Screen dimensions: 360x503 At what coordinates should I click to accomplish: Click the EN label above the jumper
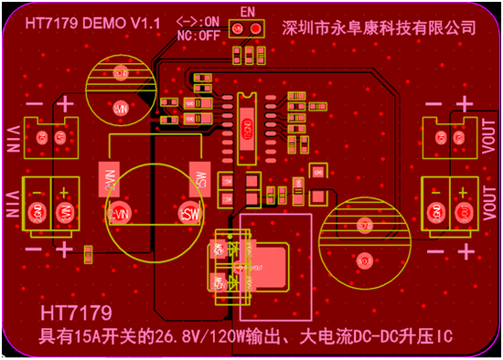[x=246, y=12]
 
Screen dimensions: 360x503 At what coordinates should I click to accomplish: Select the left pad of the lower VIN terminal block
[x=39, y=212]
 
